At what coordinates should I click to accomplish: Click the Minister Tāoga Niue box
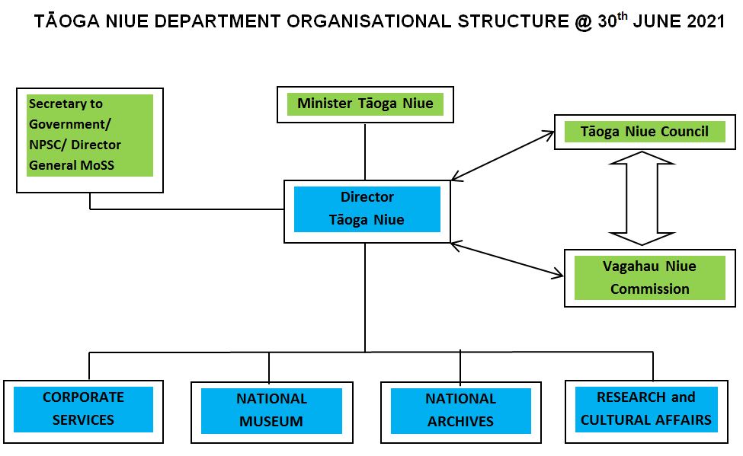tap(365, 104)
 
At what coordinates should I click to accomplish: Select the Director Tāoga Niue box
tap(367, 209)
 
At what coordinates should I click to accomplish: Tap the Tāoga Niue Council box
tap(644, 132)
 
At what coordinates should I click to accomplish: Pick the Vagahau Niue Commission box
tap(649, 278)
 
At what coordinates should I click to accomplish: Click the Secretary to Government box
tap(89, 135)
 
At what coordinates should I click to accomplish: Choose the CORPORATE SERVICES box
tap(83, 409)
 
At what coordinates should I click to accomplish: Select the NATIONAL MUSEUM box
tap(271, 410)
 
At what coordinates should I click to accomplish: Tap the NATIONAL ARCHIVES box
tap(460, 410)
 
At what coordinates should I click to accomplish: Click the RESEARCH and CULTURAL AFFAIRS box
tap(646, 409)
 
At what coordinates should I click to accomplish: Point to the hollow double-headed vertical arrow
tap(642, 198)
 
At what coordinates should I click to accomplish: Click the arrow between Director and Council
tap(503, 156)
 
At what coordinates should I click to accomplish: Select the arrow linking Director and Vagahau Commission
tap(503, 258)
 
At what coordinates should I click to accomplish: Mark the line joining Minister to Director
tap(365, 151)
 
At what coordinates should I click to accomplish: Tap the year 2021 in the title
tap(706, 22)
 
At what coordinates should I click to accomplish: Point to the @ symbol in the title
tap(583, 22)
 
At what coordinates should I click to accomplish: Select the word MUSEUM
tap(271, 421)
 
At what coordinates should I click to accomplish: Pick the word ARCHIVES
tap(460, 421)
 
